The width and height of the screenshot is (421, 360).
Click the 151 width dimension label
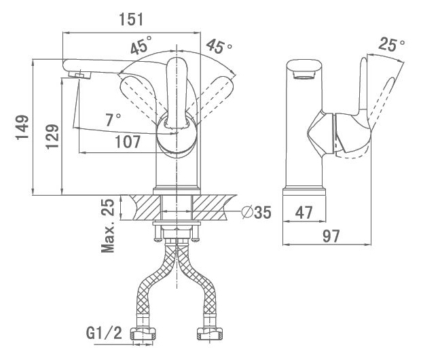pos(131,19)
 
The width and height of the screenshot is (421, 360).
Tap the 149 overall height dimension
pos(22,127)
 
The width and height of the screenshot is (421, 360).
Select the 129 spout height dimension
pos(52,137)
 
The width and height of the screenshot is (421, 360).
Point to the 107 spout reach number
pos(128,142)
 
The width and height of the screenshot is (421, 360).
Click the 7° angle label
pos(113,120)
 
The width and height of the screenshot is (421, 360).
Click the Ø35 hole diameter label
pos(256,212)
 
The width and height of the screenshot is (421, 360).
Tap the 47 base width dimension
pos(304,213)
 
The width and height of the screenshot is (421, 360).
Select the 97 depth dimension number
pos(331,236)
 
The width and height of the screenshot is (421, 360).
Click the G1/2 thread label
pos(104,333)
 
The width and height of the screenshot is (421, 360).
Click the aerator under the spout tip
pos(79,75)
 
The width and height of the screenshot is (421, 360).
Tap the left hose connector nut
pos(143,334)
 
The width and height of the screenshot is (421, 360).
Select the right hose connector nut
pos(210,334)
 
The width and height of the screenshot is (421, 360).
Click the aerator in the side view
pos(304,75)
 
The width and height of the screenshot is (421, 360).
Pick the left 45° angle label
pos(141,45)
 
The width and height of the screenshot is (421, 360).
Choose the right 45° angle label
pos(219,46)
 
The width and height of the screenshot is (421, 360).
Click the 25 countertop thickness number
pos(108,207)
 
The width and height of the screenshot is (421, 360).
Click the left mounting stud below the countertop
pos(158,233)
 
